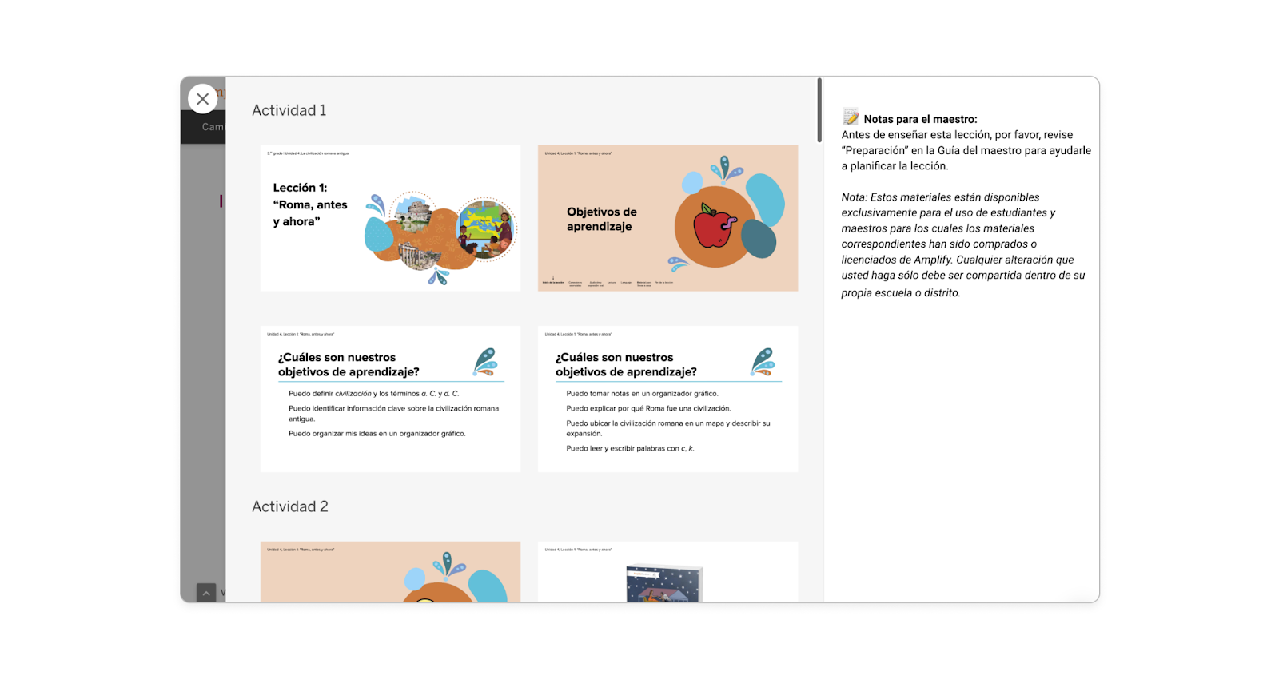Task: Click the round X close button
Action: [203, 99]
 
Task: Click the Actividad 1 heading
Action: [289, 110]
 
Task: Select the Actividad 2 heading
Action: [289, 506]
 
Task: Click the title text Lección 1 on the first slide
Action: [300, 188]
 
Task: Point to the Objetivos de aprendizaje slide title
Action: [601, 219]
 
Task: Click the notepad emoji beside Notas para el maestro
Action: [851, 118]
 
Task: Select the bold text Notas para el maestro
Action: [920, 119]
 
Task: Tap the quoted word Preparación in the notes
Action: [875, 150]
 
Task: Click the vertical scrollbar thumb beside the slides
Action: [819, 110]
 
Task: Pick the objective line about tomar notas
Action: [642, 394]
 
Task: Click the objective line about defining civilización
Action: [373, 394]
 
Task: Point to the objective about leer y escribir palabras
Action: [630, 449]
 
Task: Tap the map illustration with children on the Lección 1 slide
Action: [486, 227]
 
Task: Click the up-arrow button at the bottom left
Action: [206, 593]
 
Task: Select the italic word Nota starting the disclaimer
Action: [854, 197]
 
